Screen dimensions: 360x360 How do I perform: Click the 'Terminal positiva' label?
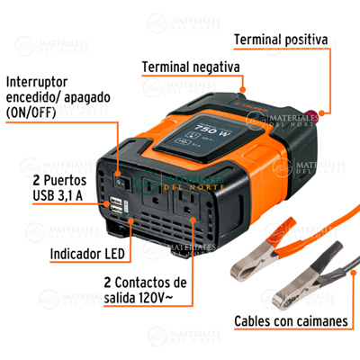(x=281, y=40)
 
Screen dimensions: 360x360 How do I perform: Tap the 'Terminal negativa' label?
(x=191, y=67)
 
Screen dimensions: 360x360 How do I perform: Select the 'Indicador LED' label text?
(x=87, y=254)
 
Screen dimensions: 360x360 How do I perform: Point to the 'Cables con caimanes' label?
(x=291, y=321)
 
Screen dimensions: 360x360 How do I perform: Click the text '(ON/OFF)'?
(x=31, y=112)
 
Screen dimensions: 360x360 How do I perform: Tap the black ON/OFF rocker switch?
(x=123, y=180)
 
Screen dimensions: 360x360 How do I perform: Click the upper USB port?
(x=116, y=201)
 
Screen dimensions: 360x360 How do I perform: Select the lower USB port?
(x=116, y=210)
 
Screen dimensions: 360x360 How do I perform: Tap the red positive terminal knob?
(x=311, y=115)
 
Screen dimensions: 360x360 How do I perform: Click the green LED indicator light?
(x=128, y=215)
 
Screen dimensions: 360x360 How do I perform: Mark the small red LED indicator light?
(x=135, y=216)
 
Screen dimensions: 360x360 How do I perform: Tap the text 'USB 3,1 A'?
(x=58, y=196)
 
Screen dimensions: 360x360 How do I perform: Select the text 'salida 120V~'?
(x=139, y=298)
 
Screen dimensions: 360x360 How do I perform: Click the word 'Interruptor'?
(x=37, y=82)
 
